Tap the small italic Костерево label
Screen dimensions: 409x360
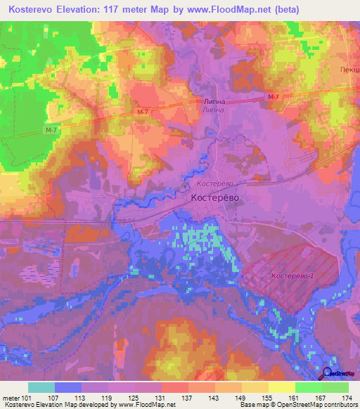[x=214, y=184]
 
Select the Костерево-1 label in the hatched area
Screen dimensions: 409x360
[x=292, y=276]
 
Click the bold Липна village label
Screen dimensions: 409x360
[x=214, y=101]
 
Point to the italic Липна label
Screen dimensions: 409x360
[x=213, y=110]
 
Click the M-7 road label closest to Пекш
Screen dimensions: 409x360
[x=274, y=97]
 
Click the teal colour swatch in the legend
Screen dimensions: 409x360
[x=41, y=387]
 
